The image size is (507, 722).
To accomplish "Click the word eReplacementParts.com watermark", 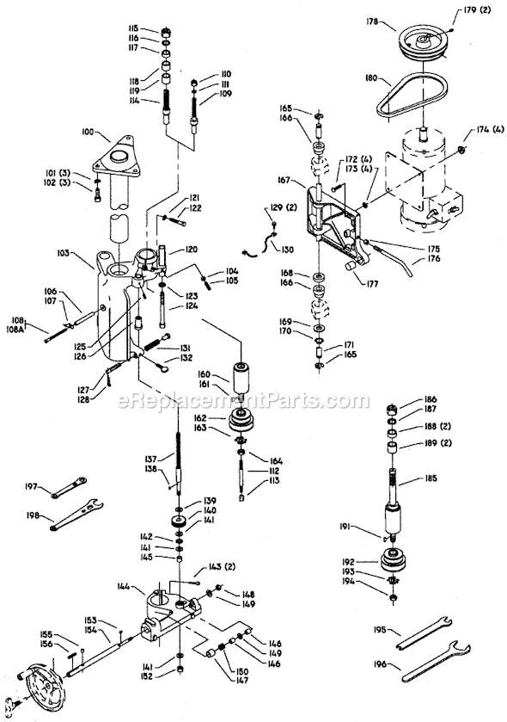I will coord(253,401).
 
